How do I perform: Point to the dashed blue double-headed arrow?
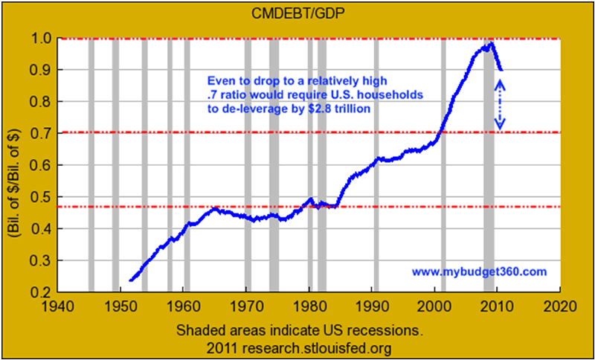[500, 105]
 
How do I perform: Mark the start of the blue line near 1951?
[130, 280]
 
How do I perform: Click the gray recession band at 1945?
[91, 164]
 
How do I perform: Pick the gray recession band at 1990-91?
[376, 164]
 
